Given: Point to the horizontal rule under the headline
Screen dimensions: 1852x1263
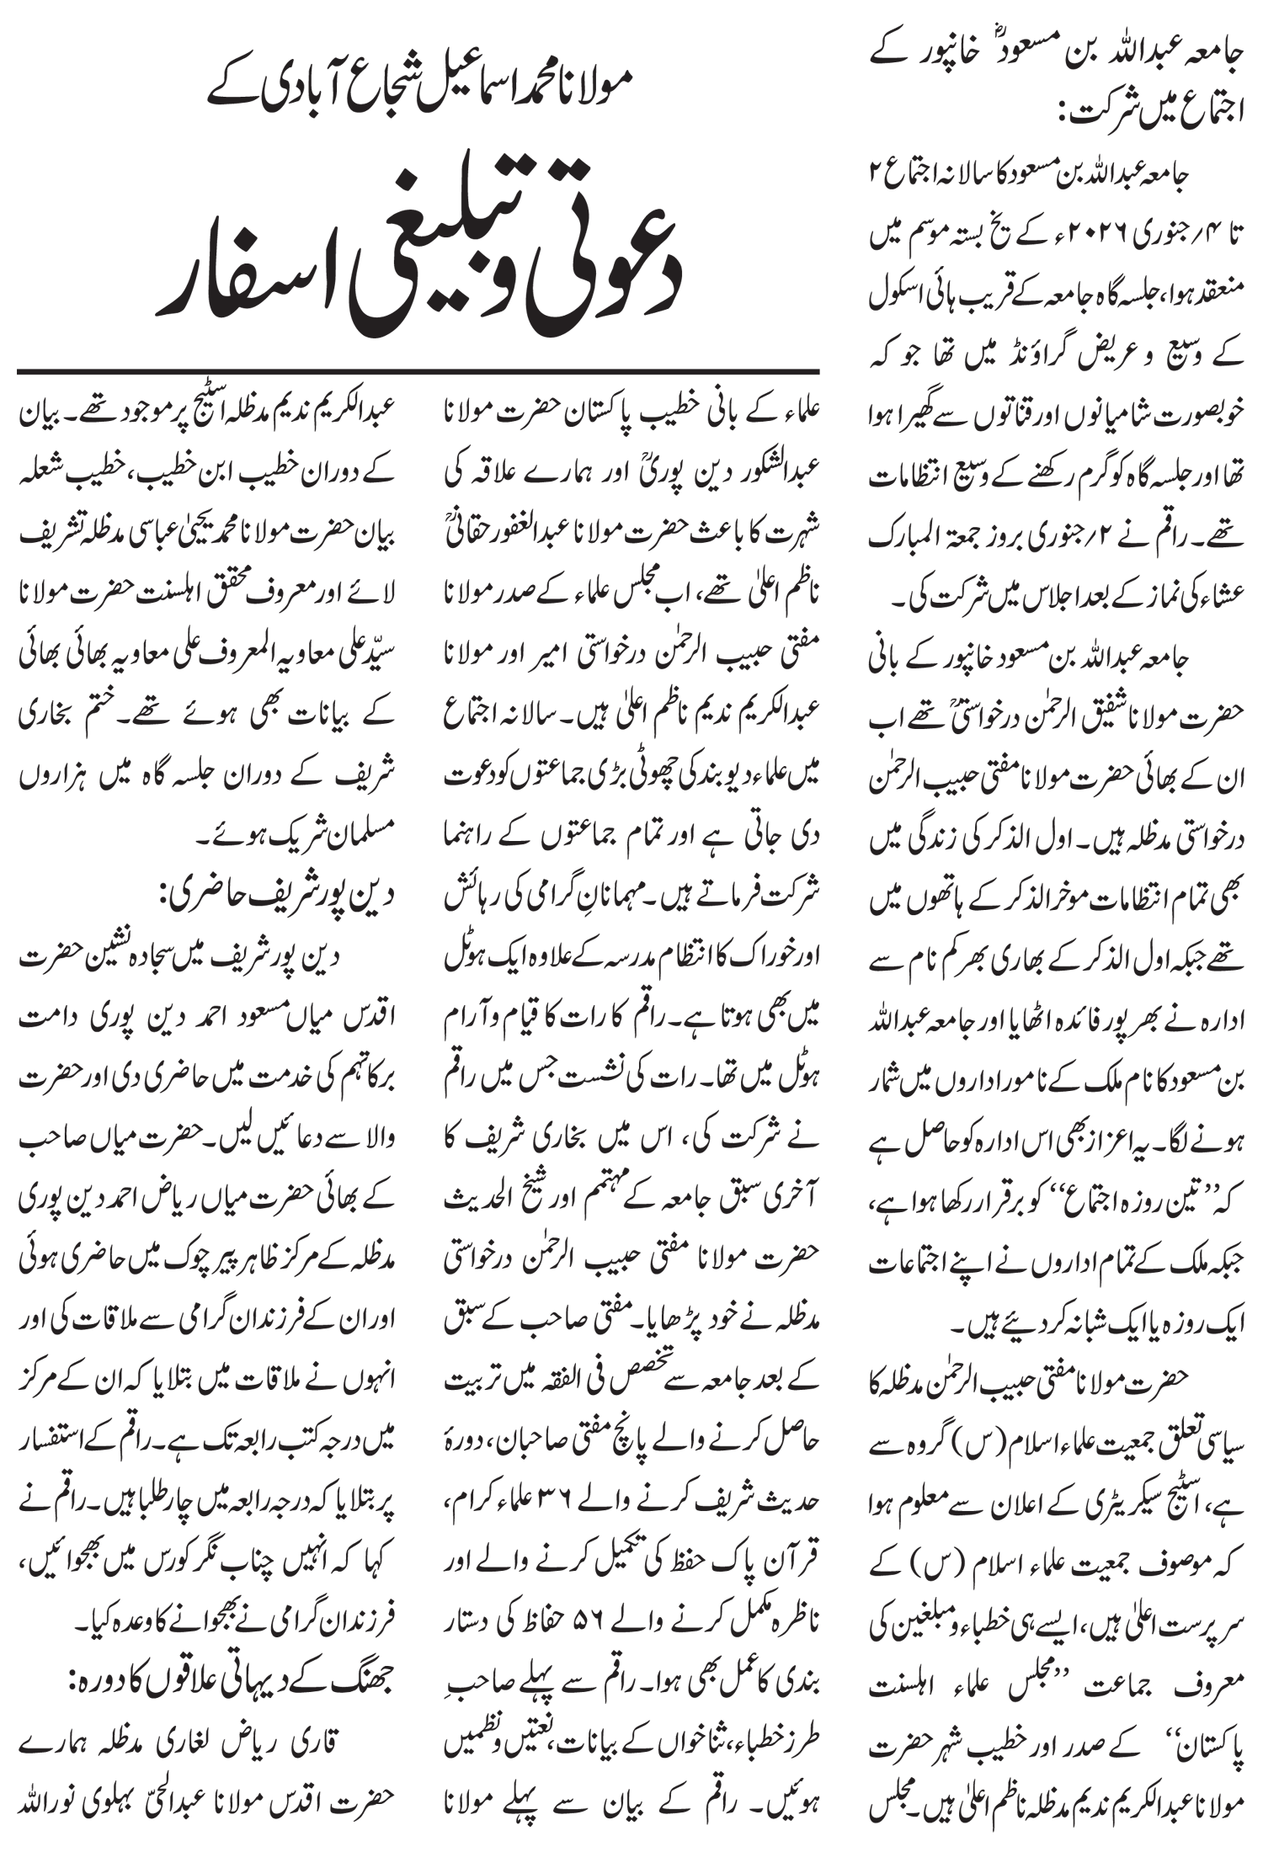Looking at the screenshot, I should (x=418, y=371).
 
